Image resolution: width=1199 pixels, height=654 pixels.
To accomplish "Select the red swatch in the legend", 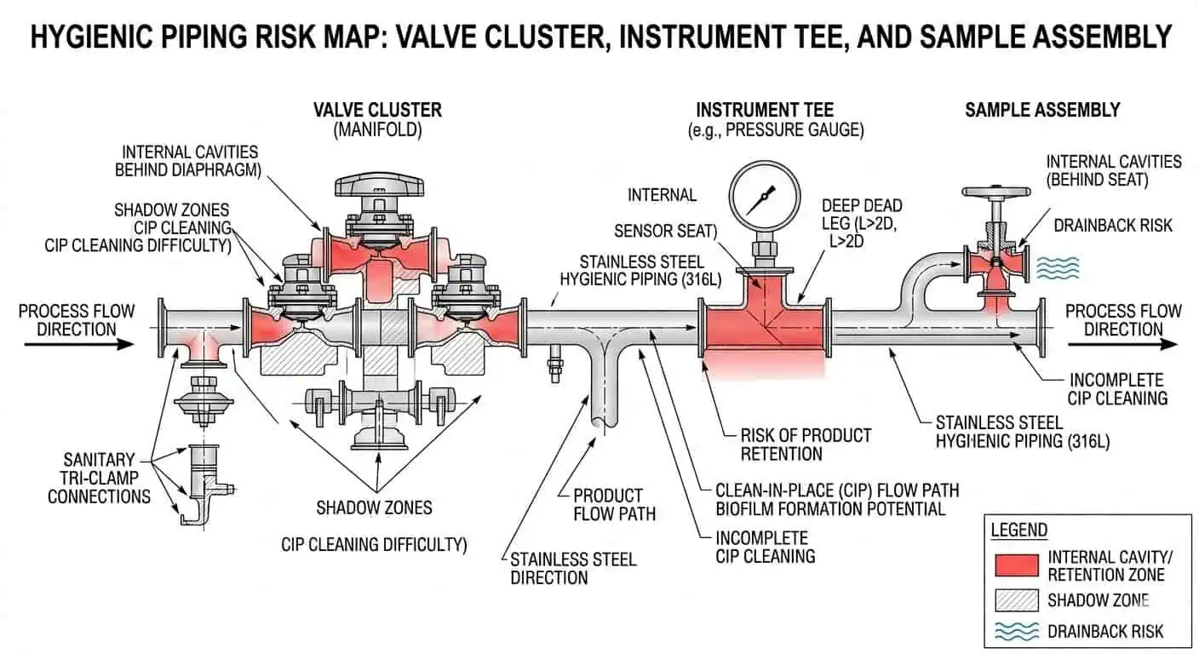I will coord(1016,565).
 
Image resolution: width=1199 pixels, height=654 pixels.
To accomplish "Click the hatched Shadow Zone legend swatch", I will coord(1016,599).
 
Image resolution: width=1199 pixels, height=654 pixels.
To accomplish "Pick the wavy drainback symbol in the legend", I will coord(1016,631).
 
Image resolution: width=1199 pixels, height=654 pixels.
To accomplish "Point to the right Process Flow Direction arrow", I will coord(1122,345).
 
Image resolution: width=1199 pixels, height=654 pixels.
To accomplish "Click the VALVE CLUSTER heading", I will coord(377,110).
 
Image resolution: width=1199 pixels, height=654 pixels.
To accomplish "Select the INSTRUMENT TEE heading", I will coord(764,110).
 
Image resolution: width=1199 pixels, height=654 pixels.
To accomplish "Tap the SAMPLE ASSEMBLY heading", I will coord(1041,110).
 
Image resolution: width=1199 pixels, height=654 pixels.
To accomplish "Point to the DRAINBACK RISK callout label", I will coord(1112,226).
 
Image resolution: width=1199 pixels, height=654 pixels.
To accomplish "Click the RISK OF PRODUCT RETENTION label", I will coord(806,445).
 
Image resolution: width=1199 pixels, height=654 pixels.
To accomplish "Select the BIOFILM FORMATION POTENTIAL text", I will coord(829,509).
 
